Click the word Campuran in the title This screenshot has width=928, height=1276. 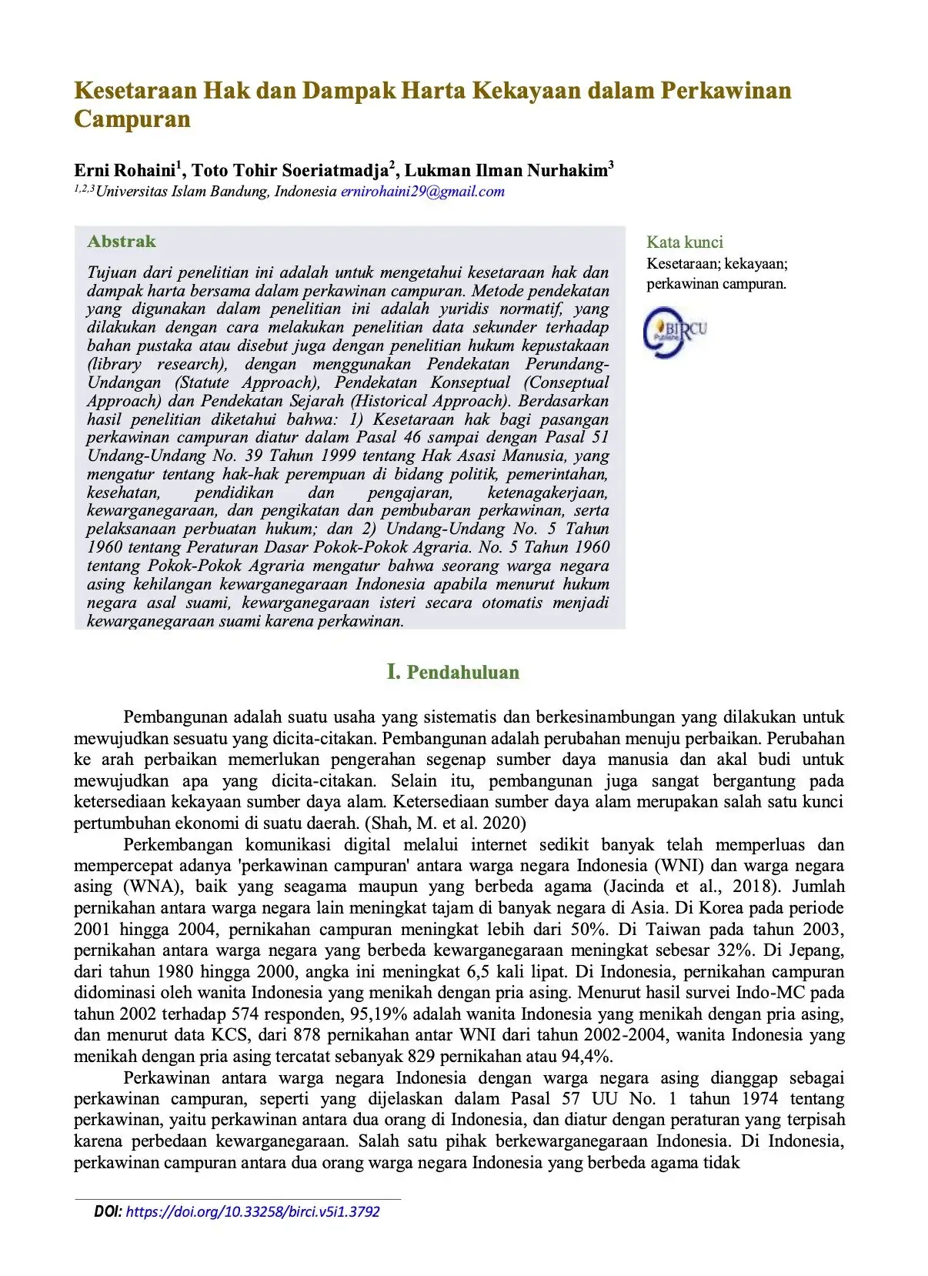[132, 119]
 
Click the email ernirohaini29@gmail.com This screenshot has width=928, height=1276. [422, 192]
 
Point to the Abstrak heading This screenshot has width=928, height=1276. [122, 242]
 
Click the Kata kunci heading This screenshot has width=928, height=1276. [684, 242]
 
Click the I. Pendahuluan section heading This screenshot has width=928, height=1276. [452, 672]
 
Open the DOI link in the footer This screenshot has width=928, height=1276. [252, 1211]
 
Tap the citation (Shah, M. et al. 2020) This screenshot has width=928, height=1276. [446, 823]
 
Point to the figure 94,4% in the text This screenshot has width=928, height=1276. [589, 1056]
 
